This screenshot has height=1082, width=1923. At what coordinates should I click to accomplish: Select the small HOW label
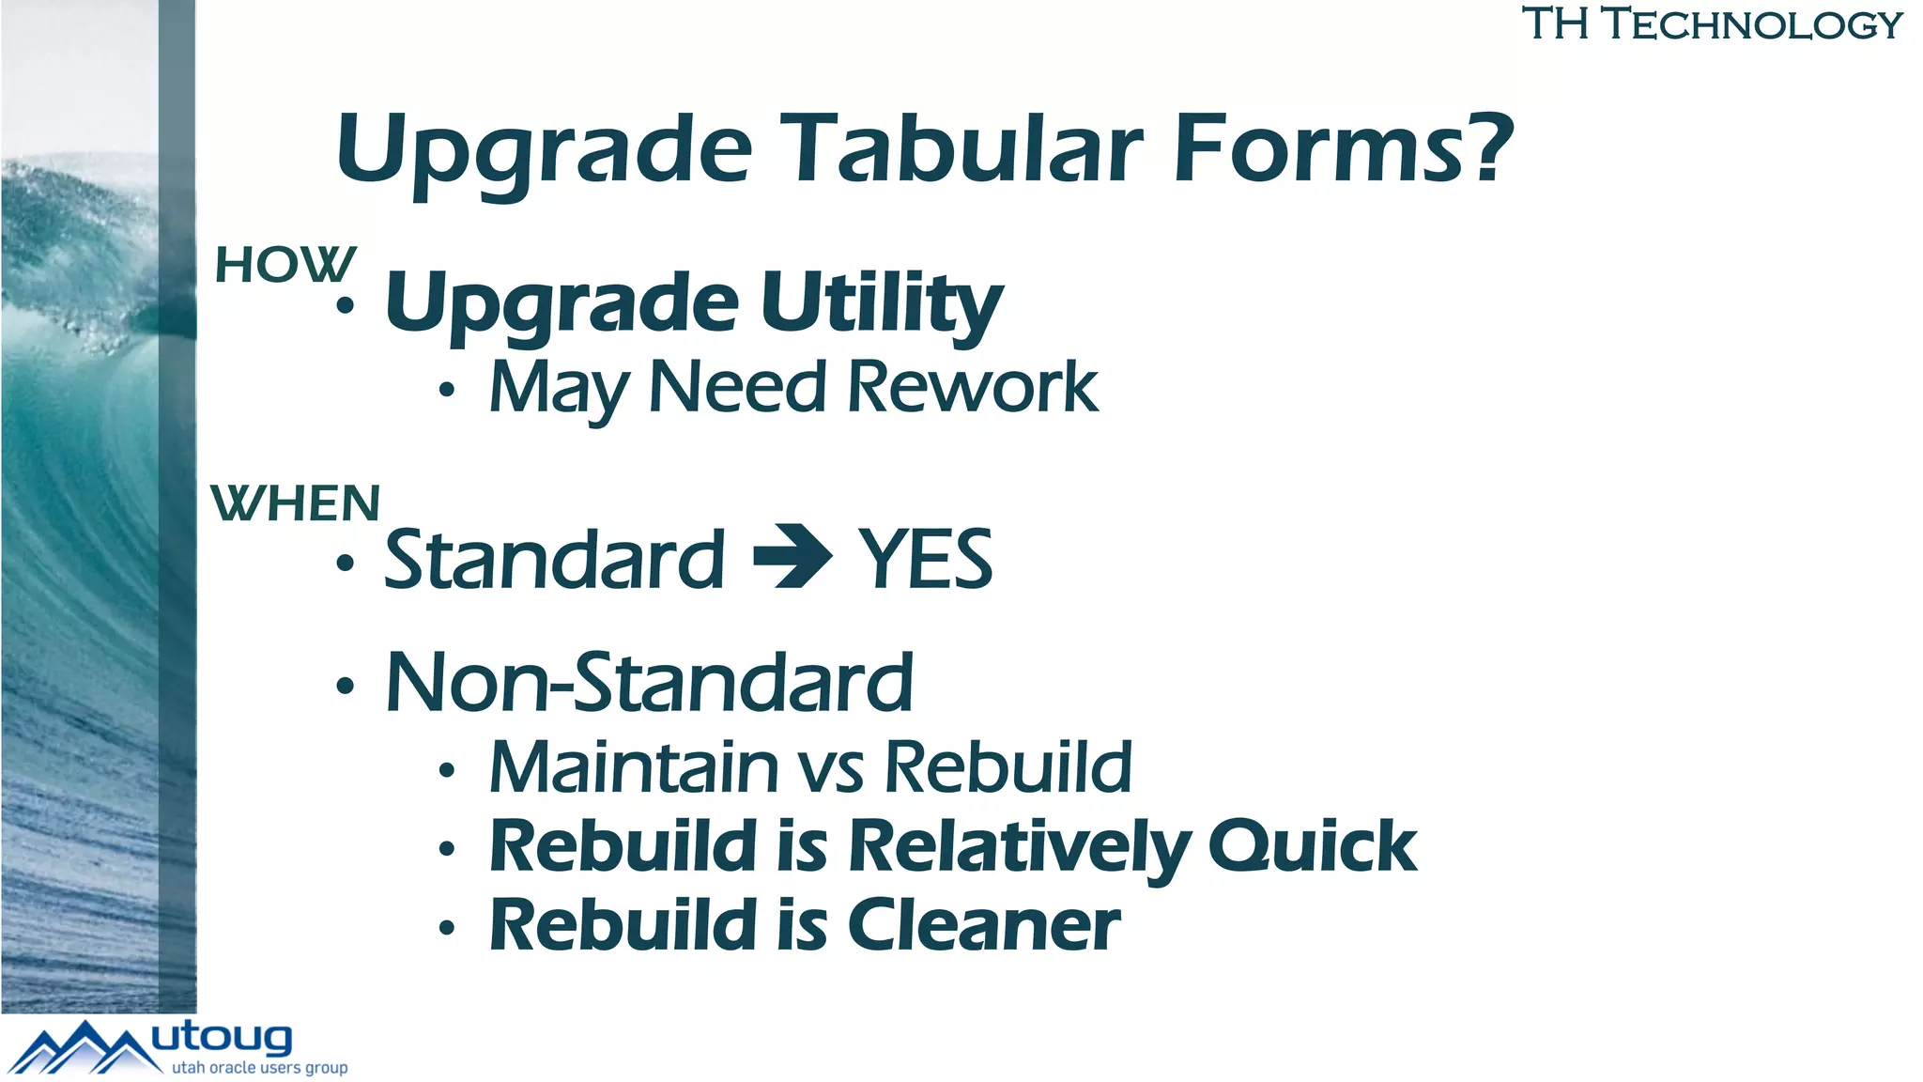(x=285, y=265)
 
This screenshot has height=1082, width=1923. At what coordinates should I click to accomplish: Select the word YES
(x=926, y=560)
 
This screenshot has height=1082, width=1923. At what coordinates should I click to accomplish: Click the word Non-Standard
(x=649, y=683)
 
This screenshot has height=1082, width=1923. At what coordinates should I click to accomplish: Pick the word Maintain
(x=634, y=767)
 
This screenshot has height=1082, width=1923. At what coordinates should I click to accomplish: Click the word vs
(x=831, y=770)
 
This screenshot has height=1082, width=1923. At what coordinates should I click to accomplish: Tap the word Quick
(x=1313, y=847)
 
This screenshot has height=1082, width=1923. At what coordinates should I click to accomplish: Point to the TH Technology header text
(x=1712, y=24)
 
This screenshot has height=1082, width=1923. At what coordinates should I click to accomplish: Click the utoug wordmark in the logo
(x=222, y=1039)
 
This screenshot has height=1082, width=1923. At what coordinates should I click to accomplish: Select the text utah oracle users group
(x=259, y=1068)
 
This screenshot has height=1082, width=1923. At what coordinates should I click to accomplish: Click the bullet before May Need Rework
(x=447, y=389)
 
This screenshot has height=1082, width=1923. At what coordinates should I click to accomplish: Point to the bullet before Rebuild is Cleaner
(x=447, y=929)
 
